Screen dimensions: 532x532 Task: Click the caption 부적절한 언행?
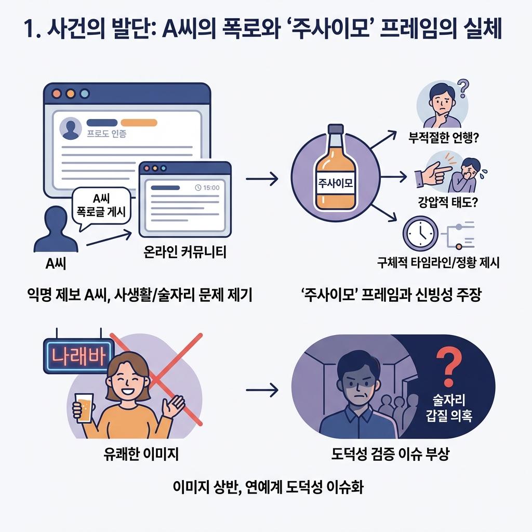(x=444, y=139)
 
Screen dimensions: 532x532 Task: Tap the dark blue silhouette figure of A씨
(x=54, y=230)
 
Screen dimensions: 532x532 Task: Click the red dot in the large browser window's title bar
(x=57, y=95)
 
